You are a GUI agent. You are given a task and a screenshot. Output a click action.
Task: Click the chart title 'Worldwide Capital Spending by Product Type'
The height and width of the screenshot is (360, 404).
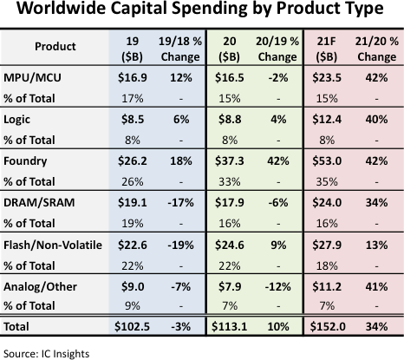(202, 12)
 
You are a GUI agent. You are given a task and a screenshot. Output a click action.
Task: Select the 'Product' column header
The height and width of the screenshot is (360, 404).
(54, 45)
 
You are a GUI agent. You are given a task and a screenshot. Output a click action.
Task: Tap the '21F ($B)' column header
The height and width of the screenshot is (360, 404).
(328, 45)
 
